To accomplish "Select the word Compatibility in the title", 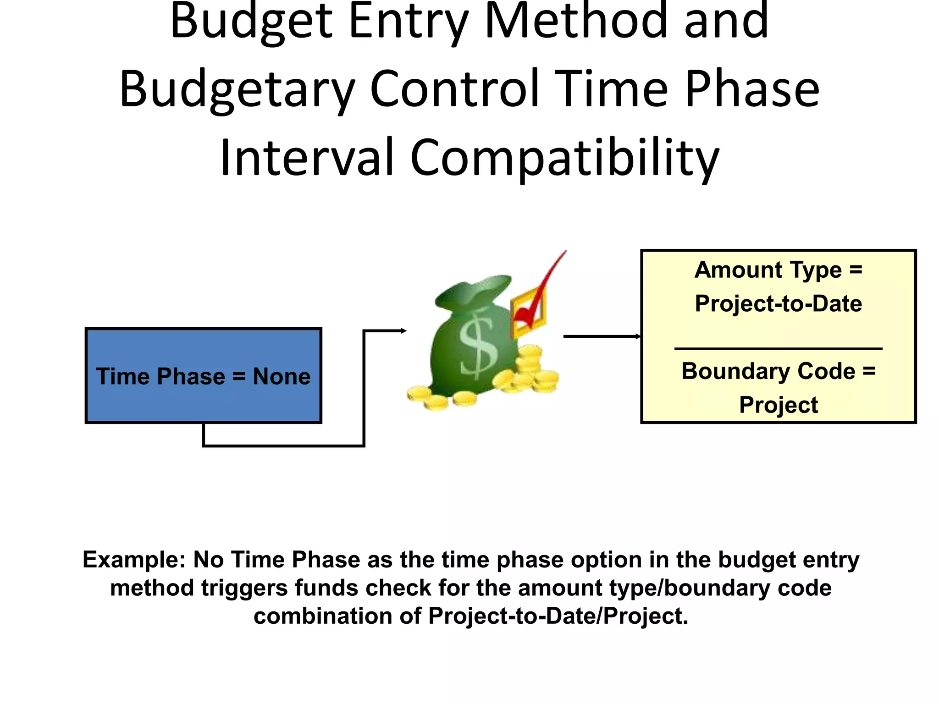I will pyautogui.click(x=564, y=158).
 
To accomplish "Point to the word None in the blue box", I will pyautogui.click(x=282, y=377).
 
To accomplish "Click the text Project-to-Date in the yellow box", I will pyautogui.click(x=778, y=304).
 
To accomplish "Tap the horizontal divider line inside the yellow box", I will pyautogui.click(x=778, y=349).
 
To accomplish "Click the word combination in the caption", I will pyautogui.click(x=323, y=616).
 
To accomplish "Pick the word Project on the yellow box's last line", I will pyautogui.click(x=778, y=405).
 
